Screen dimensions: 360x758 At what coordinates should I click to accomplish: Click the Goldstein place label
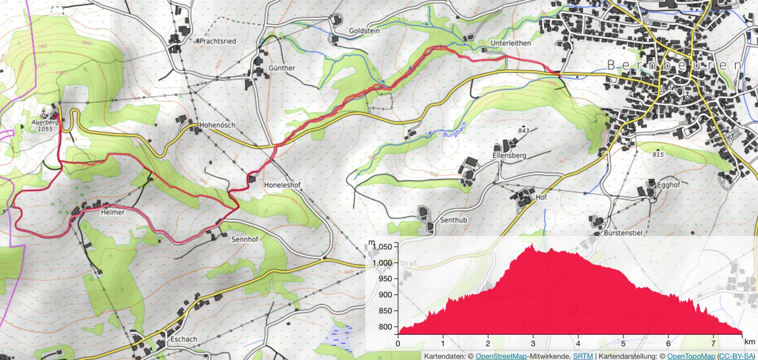(x=364, y=31)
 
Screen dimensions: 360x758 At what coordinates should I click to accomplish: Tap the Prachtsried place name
(x=218, y=41)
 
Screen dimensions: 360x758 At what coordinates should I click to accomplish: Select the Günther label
(x=282, y=68)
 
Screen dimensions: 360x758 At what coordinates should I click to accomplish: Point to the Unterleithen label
(x=511, y=43)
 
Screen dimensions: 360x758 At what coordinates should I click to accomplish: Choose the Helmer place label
(x=112, y=213)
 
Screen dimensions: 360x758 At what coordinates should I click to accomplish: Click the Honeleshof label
(x=282, y=186)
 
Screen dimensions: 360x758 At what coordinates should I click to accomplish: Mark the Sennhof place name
(x=245, y=239)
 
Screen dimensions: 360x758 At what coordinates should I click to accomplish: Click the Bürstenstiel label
(x=623, y=233)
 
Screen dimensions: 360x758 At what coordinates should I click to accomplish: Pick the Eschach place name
(x=184, y=339)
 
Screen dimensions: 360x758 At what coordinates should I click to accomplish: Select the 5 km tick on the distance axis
(x=624, y=343)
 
